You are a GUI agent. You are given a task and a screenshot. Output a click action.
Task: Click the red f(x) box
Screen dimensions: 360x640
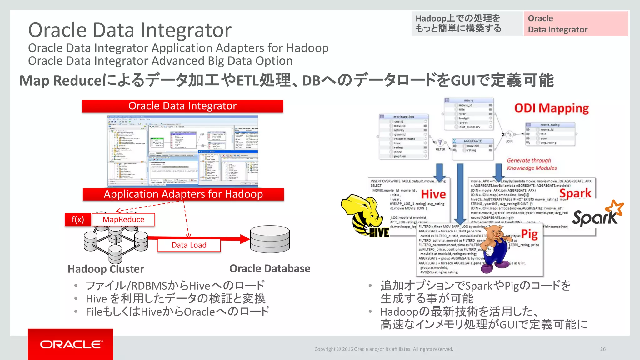pos(78,220)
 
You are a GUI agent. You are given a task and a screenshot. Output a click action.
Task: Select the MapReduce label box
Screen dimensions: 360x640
pos(123,220)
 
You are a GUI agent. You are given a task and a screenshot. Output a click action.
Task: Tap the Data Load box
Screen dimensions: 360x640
pos(189,245)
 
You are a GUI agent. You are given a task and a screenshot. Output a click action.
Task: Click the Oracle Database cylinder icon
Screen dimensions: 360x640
pos(270,239)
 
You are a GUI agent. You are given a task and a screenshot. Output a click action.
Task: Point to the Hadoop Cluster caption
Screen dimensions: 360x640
pos(106,269)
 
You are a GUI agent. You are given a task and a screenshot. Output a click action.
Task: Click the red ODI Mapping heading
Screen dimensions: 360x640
pos(552,108)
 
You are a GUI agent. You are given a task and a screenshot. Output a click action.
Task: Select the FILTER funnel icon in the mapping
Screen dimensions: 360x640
pos(440,143)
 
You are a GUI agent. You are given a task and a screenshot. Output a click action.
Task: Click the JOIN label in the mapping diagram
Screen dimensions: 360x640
pos(509,141)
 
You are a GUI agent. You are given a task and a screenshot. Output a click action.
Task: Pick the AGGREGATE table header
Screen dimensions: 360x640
pos(472,141)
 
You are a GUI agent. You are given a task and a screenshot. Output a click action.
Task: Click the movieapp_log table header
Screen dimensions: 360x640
pos(404,117)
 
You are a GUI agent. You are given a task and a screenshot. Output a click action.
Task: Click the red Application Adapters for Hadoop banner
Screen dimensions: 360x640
pos(183,194)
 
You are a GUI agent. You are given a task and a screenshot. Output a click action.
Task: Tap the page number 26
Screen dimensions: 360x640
pos(603,349)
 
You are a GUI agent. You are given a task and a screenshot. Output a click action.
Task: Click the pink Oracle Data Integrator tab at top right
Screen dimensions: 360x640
pos(576,24)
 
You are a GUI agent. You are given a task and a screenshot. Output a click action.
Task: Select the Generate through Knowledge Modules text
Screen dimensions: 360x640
pos(532,164)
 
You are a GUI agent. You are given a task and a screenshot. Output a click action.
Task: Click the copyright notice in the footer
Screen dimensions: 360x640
pos(383,349)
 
